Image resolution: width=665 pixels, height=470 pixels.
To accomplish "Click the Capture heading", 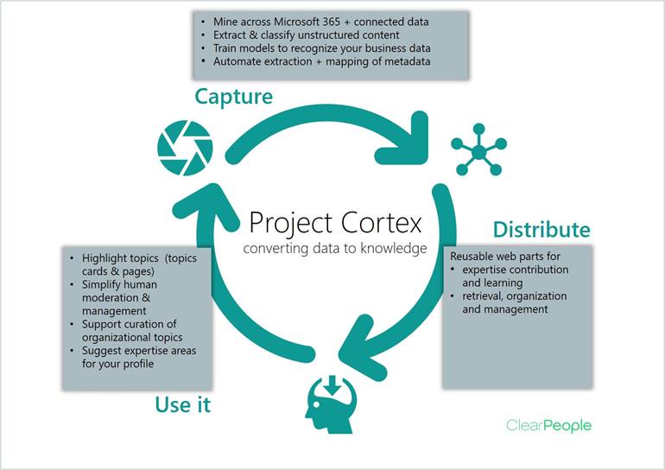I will [233, 96].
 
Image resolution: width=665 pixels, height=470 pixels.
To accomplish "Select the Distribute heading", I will [541, 230].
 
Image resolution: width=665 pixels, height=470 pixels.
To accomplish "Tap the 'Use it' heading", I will [183, 404].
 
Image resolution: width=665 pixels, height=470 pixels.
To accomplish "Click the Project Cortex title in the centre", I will [336, 222].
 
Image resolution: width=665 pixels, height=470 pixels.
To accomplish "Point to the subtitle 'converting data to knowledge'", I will [336, 250].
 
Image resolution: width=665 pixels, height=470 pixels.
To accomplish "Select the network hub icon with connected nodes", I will [478, 151].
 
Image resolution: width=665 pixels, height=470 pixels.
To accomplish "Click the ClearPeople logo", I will [548, 425].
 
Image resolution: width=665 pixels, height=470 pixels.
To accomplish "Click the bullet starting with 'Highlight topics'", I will [138, 265].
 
